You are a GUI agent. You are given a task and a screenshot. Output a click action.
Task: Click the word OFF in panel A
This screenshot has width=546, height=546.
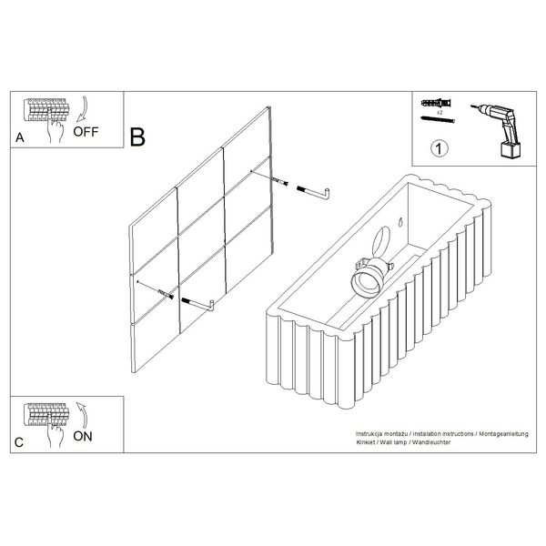[86, 132]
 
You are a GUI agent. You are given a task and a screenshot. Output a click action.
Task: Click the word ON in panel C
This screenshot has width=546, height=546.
[83, 436]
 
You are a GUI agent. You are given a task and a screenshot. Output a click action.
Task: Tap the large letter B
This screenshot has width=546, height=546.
[137, 136]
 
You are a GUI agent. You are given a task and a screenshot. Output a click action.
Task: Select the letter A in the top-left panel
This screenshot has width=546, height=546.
[20, 137]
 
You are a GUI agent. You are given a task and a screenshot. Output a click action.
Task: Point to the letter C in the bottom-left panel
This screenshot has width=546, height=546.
[19, 442]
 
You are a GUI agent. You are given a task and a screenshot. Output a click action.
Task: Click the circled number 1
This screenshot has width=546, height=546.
[440, 148]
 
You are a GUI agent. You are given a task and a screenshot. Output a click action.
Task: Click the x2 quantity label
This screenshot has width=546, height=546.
[440, 113]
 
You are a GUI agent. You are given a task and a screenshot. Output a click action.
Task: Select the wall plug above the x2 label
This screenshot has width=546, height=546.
[437, 103]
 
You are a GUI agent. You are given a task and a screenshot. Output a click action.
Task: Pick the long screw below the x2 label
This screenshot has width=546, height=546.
[438, 119]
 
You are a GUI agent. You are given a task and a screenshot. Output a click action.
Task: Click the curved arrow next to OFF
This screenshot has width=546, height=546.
[83, 109]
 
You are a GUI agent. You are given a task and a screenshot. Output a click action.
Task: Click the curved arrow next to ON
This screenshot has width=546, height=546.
[83, 415]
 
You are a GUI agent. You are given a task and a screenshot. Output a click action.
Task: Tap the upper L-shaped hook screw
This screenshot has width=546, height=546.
[314, 193]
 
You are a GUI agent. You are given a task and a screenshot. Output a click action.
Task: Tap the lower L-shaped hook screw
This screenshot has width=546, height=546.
[198, 305]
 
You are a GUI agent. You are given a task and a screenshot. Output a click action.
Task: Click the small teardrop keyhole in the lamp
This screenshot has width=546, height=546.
[400, 222]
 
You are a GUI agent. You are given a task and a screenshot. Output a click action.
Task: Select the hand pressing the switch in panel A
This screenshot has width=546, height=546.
[56, 127]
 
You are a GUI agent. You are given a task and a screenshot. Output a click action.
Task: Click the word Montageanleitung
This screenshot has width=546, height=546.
[503, 434]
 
